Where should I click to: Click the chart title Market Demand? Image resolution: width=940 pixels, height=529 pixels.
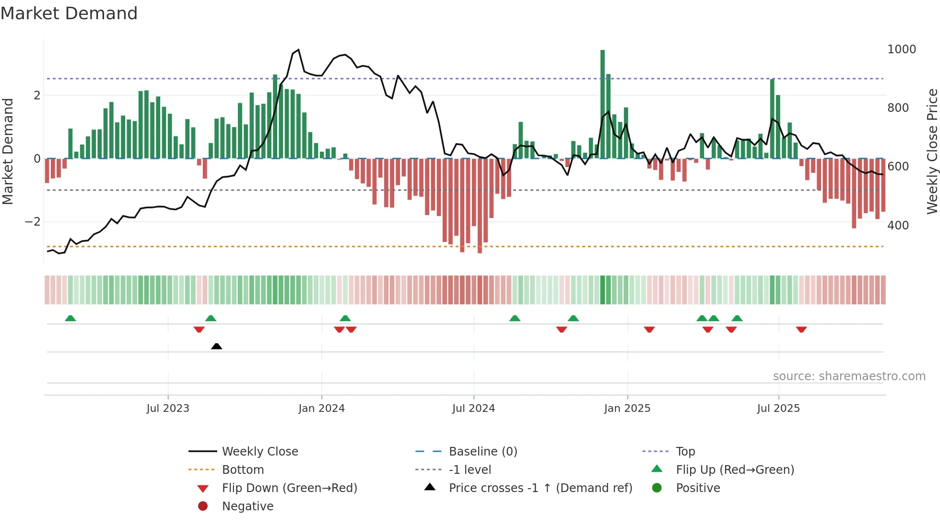coord(69,13)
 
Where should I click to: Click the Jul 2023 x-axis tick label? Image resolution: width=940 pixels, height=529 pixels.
coord(168,409)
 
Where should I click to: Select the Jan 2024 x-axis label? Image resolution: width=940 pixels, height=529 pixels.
coord(321,409)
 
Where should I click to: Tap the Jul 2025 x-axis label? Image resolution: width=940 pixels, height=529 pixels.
coord(778,409)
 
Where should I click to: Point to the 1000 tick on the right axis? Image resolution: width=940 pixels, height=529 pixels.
coord(901,49)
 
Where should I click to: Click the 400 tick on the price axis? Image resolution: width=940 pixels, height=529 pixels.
coord(898,225)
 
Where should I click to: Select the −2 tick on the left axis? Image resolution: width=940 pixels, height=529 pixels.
coord(33,222)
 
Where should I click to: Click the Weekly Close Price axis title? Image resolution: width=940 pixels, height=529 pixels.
coord(932,151)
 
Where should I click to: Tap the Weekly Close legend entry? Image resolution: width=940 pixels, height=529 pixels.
coord(259,452)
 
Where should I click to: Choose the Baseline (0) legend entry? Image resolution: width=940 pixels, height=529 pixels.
coord(482,452)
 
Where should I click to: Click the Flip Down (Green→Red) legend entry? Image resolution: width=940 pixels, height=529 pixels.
coord(289,488)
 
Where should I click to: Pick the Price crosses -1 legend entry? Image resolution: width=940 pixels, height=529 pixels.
coord(540,488)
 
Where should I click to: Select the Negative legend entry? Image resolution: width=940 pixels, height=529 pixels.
coord(247,506)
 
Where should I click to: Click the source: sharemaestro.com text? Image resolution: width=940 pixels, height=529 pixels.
coord(849,376)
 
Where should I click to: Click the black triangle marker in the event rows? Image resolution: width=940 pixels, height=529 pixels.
coord(216,346)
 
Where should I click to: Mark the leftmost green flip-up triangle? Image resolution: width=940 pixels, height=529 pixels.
coord(70,318)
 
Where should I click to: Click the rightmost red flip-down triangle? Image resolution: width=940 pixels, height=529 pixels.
coord(801,329)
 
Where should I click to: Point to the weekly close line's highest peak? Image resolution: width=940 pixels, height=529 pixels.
coord(298,49)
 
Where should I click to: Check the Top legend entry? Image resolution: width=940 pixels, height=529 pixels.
coord(685,452)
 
